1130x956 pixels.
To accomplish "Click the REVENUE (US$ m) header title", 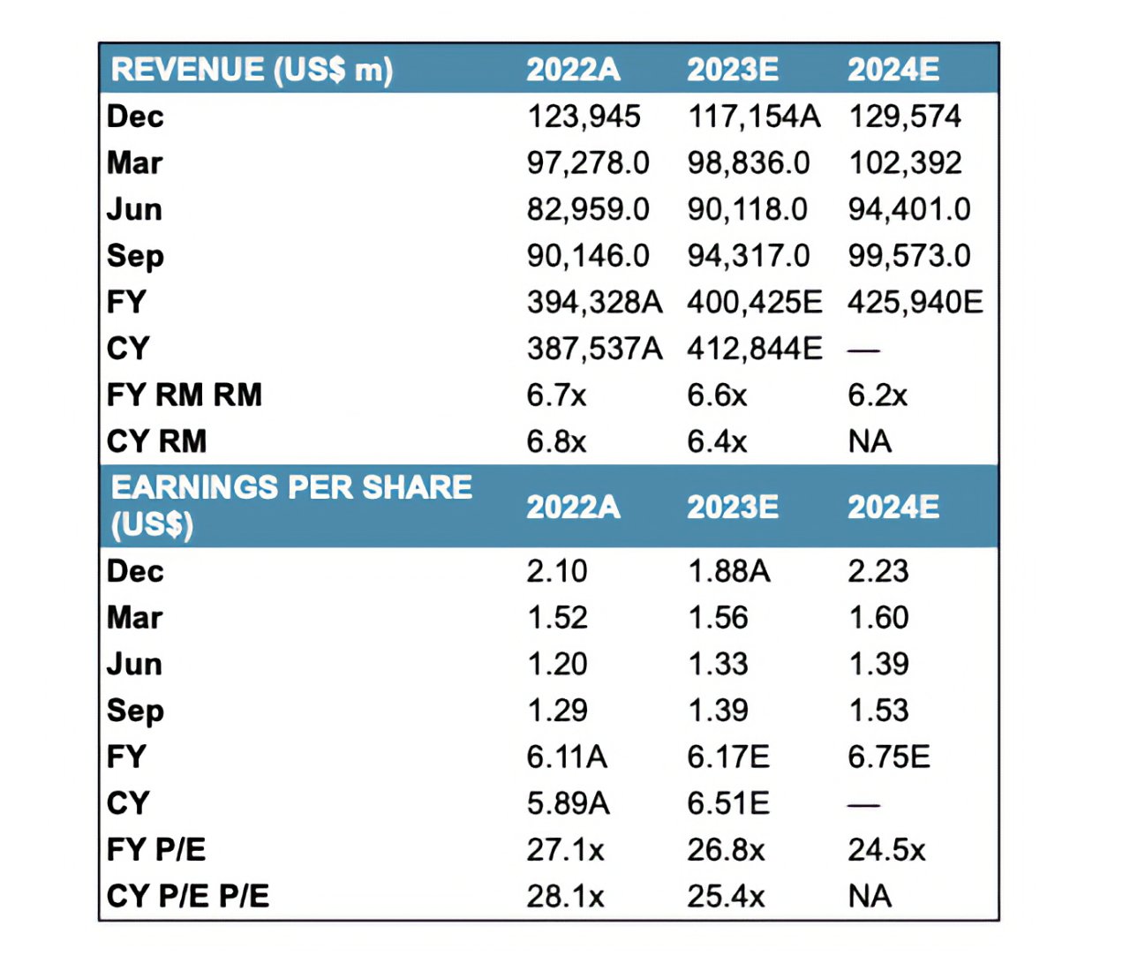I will pyautogui.click(x=252, y=70).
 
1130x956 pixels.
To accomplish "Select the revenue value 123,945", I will pyautogui.click(x=584, y=117).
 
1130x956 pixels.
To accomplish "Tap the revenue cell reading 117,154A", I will pyautogui.click(x=754, y=117).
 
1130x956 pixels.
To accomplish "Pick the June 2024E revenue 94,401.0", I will pyautogui.click(x=909, y=209).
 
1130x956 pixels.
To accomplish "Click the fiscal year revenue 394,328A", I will pyautogui.click(x=594, y=302).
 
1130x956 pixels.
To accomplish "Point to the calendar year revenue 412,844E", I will pyautogui.click(x=755, y=349).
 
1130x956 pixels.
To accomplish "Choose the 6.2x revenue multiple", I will pyautogui.click(x=878, y=395).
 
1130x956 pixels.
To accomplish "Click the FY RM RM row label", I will pyautogui.click(x=185, y=395).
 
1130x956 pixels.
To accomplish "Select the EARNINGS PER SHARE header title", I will pyautogui.click(x=291, y=506).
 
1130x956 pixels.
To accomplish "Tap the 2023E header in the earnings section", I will pyautogui.click(x=733, y=507).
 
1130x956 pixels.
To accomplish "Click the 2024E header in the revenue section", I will pyautogui.click(x=893, y=70).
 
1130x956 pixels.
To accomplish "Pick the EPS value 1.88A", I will pyautogui.click(x=729, y=571).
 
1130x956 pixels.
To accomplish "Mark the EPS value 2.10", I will pyautogui.click(x=557, y=571).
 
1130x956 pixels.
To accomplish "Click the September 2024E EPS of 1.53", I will pyautogui.click(x=878, y=711).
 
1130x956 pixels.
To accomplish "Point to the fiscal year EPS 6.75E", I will pyautogui.click(x=889, y=757).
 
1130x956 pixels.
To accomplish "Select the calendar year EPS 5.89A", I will pyautogui.click(x=569, y=803).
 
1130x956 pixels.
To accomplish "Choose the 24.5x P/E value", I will pyautogui.click(x=886, y=850).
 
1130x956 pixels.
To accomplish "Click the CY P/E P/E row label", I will pyautogui.click(x=188, y=896).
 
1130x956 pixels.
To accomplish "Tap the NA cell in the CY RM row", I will pyautogui.click(x=870, y=441).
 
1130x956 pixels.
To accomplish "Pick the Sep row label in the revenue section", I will pyautogui.click(x=135, y=256).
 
